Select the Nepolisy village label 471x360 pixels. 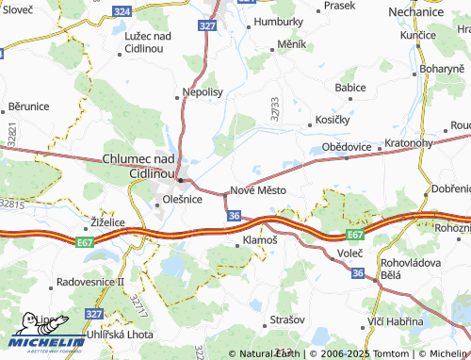[x=202, y=94]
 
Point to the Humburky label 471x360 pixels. [x=279, y=21]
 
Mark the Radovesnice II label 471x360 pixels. [x=90, y=281]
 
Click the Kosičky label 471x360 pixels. [x=331, y=123]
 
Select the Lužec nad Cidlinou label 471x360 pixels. [x=148, y=41]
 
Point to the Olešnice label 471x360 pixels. [x=182, y=199]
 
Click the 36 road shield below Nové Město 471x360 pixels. [x=233, y=216]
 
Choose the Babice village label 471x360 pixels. [x=350, y=88]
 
